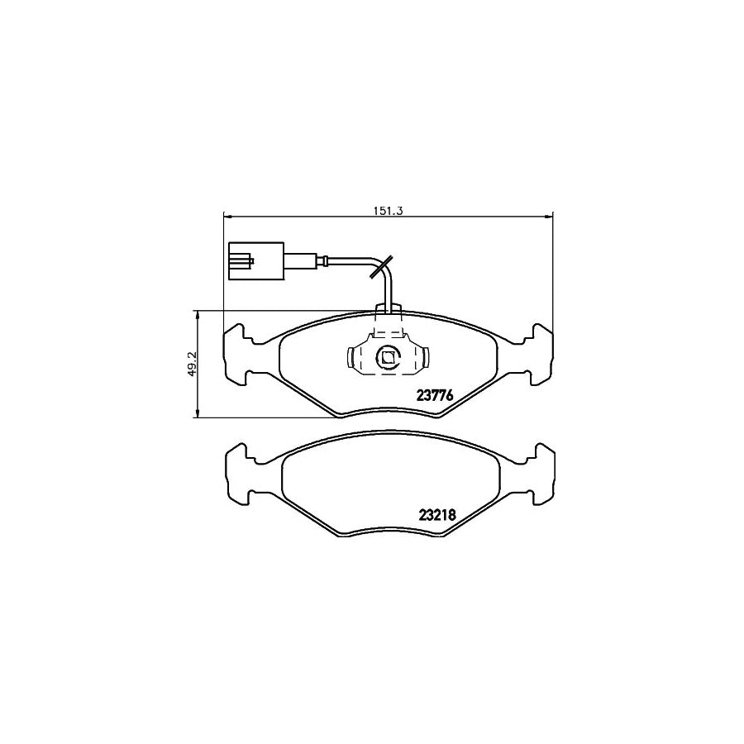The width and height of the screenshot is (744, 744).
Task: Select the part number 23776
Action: click(433, 395)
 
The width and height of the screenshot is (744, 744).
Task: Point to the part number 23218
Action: click(433, 513)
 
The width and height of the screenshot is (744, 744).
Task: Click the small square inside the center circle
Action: click(387, 358)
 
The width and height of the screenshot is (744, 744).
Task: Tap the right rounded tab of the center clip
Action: click(426, 358)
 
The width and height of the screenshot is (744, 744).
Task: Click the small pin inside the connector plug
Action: click(242, 263)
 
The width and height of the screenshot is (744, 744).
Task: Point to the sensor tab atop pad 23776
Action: click(388, 310)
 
